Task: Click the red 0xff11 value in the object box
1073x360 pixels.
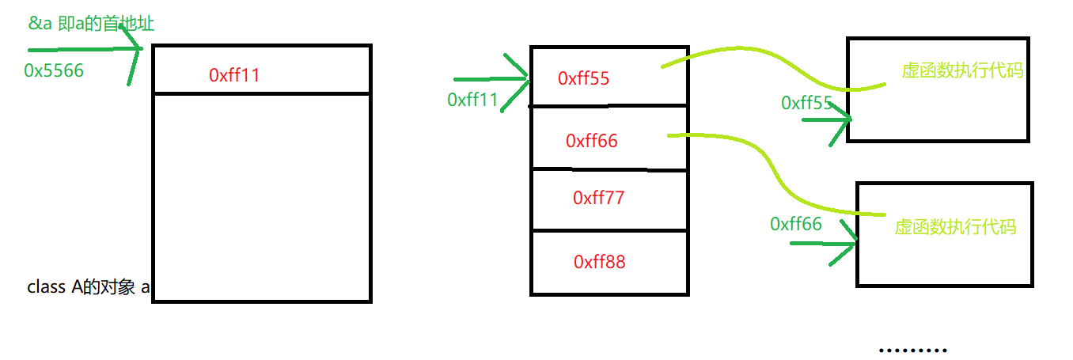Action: [x=234, y=75]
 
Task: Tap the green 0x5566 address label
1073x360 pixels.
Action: [x=54, y=70]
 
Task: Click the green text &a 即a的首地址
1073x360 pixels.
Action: [x=91, y=24]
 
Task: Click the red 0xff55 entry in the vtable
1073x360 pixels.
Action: [x=583, y=78]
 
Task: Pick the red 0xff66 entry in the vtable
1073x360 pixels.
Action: [x=591, y=141]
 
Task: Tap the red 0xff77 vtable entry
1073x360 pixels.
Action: [x=598, y=198]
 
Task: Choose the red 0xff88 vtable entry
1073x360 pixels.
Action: [x=599, y=261]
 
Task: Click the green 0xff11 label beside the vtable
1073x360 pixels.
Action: [x=472, y=100]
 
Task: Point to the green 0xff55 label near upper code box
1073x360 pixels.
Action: [x=806, y=103]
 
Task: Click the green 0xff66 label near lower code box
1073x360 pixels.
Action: [x=795, y=224]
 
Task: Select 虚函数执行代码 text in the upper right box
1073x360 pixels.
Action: [x=962, y=70]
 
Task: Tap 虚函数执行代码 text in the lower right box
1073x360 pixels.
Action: [x=955, y=227]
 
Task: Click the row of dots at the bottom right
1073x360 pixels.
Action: [x=912, y=350]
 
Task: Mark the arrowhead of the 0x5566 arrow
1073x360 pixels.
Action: [x=136, y=51]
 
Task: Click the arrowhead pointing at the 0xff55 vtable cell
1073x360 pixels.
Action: [x=522, y=78]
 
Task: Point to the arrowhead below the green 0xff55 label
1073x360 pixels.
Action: [x=845, y=120]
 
